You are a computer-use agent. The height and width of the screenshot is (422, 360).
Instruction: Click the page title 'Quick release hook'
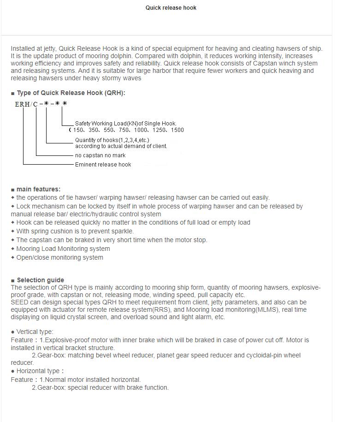point(171,8)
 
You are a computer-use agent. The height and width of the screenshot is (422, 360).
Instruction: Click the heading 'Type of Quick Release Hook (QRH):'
point(71,93)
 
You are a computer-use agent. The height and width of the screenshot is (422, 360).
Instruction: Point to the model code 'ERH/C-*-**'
point(41,104)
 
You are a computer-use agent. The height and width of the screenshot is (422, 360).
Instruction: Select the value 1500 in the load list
point(177,130)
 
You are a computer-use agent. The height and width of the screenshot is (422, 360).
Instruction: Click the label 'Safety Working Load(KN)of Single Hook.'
point(125,124)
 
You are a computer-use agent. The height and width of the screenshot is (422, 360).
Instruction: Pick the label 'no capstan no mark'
point(100,155)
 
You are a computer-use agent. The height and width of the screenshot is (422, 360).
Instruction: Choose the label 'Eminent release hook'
point(103,165)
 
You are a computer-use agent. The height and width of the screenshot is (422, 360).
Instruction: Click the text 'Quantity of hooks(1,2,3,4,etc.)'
point(112,140)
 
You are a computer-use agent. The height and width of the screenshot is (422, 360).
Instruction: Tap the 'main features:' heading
point(38,189)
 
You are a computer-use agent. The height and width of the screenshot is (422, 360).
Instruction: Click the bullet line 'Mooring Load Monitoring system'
point(63,249)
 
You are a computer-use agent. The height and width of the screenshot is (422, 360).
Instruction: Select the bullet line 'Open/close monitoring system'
point(60,257)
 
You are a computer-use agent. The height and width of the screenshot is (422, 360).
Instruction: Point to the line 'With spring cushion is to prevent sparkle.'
point(75,231)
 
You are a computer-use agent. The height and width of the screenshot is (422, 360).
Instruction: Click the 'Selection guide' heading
point(41,280)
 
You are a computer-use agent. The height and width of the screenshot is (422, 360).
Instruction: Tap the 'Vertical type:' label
point(35,332)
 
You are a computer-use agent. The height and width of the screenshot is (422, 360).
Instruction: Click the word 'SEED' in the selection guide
point(19,303)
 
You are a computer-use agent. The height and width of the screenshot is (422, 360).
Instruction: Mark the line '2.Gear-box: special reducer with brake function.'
point(100,387)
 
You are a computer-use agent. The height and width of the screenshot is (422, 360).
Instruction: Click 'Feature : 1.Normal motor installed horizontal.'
point(76,380)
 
